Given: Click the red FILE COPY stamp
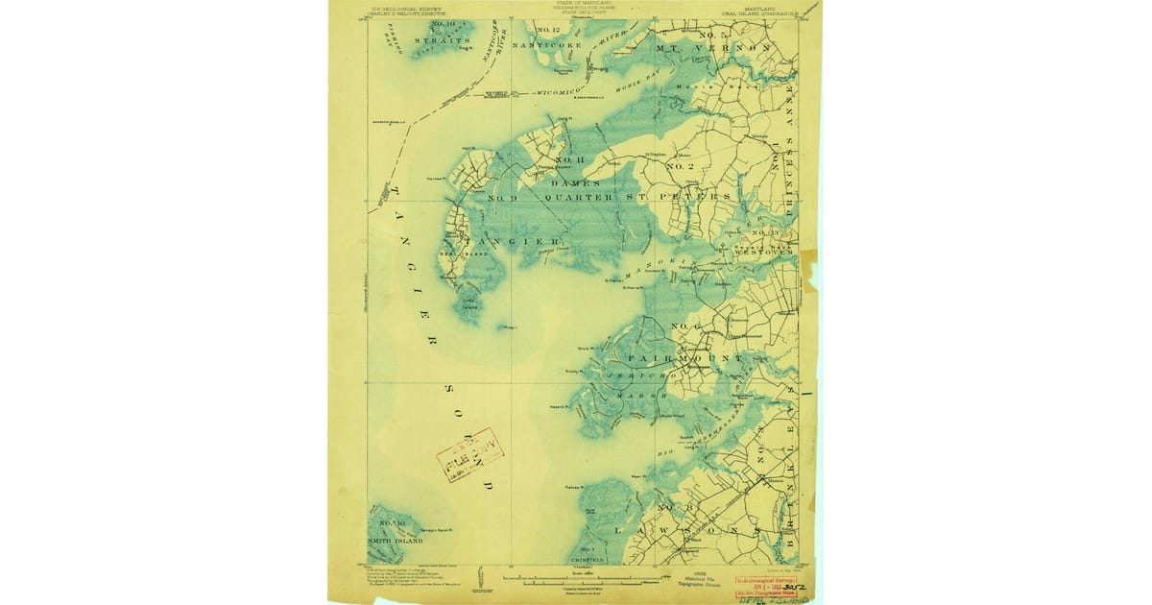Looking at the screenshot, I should tap(469, 454).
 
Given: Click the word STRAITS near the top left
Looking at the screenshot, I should tap(444, 41).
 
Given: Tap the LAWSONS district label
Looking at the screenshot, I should tap(687, 530).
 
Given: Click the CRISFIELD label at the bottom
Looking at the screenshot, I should tap(588, 558).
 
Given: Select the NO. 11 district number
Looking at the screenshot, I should tap(569, 159).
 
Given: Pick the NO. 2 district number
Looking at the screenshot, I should tap(680, 167).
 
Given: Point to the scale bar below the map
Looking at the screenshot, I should tap(576, 579).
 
